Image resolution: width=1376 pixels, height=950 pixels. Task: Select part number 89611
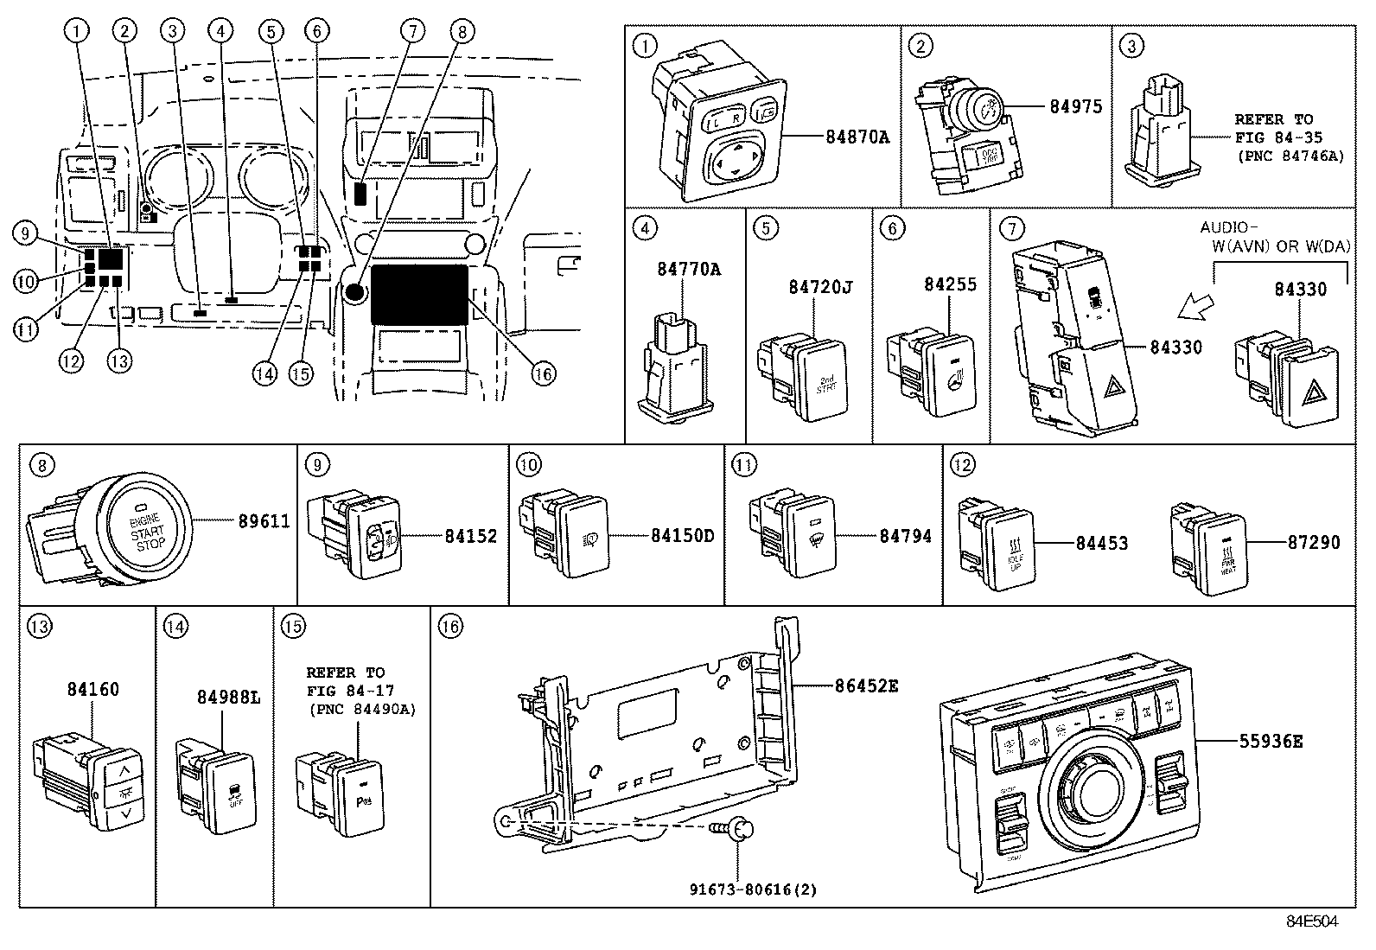[265, 521]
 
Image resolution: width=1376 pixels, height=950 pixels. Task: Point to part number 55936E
[1271, 741]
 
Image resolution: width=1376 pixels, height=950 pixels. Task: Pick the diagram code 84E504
[1312, 921]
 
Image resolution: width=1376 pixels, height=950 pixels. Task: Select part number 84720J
[819, 287]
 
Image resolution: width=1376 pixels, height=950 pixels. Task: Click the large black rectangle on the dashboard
[419, 295]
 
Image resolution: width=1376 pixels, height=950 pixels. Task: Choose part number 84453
[1101, 543]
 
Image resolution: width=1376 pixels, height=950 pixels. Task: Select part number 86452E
[866, 685]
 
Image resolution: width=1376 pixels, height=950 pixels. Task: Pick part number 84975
[1075, 106]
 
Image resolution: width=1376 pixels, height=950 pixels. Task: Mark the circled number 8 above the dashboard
[462, 32]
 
